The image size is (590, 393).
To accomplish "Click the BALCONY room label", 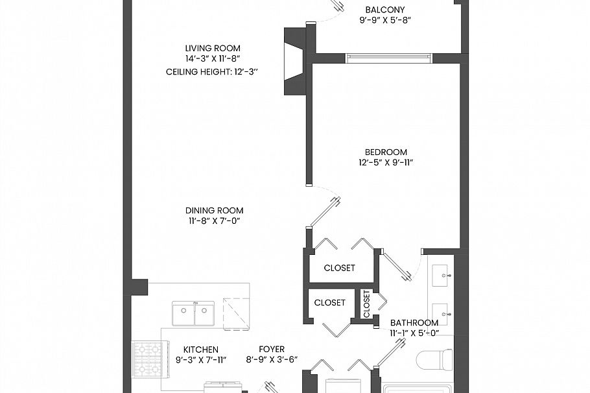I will point(385,10).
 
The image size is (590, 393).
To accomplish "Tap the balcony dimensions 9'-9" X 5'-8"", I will point(385,21).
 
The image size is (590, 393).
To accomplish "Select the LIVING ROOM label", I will point(213,48).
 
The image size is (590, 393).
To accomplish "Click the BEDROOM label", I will point(386,152).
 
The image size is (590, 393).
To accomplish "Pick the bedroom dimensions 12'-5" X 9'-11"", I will point(386,163).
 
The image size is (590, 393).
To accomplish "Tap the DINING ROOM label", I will point(214,210).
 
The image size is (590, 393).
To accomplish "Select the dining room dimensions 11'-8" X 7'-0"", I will point(214,221).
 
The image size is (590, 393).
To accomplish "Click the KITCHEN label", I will point(200,350).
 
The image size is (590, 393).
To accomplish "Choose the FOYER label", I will point(271,350).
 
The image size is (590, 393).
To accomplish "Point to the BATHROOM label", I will point(414,322).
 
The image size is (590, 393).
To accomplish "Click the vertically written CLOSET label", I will point(366,303).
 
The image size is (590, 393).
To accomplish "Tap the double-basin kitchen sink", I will point(193,314).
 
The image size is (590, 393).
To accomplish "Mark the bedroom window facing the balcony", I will point(388,58).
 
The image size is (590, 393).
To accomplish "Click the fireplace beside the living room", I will point(295,61).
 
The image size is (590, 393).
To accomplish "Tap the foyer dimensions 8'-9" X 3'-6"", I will point(271,360).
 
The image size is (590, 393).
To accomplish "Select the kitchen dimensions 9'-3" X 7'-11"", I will point(200,360).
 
